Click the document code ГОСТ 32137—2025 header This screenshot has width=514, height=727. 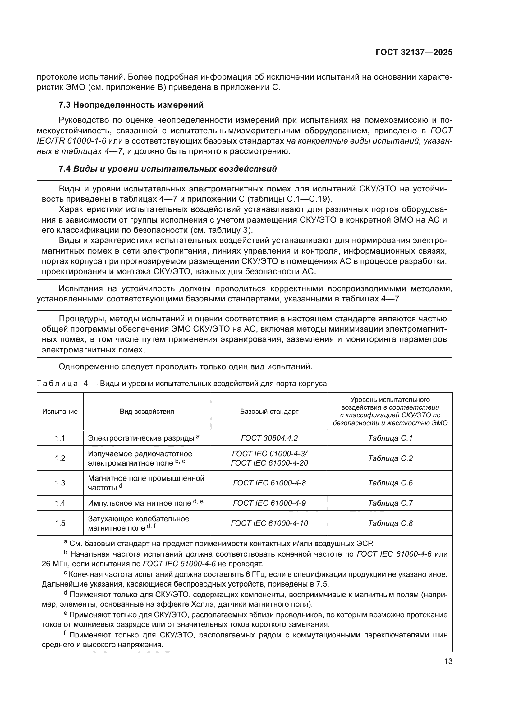414,53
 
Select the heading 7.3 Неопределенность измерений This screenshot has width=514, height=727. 131,105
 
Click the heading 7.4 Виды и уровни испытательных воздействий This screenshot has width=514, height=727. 168,169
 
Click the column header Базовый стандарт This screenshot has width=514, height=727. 269,412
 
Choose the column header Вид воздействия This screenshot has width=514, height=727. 147,412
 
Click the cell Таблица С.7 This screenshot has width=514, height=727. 390,503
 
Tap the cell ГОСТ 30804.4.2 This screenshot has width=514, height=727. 269,438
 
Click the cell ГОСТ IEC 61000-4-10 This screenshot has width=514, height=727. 269,523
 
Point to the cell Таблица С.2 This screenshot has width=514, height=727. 390,458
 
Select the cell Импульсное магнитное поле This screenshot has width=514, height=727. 140,504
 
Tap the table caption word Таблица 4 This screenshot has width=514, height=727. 62,384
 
